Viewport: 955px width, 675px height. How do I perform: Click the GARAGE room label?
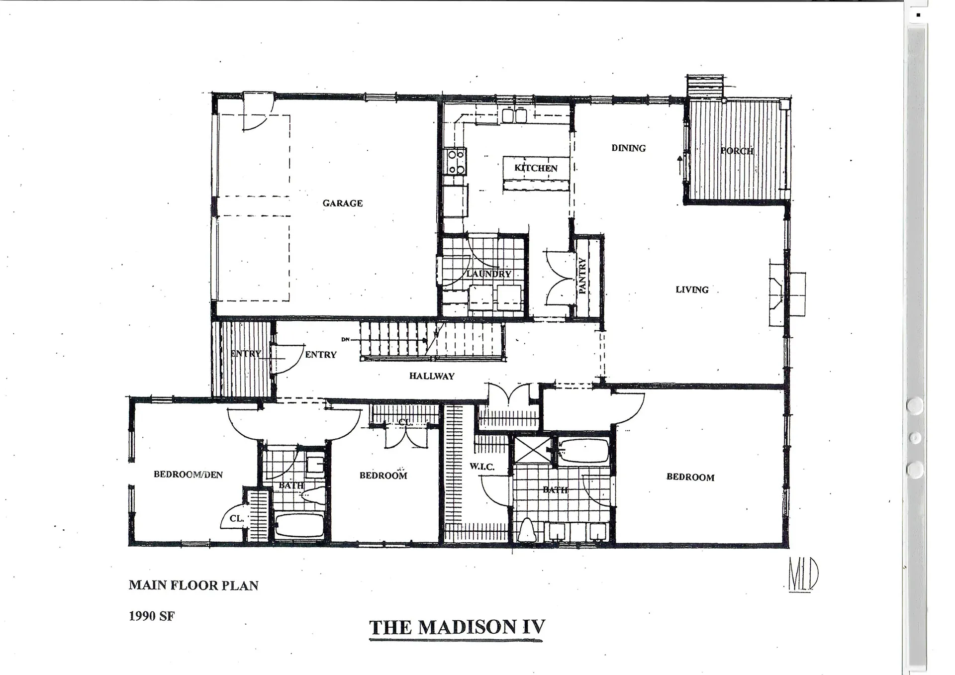pos(342,203)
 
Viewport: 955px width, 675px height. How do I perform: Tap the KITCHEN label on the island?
pos(536,168)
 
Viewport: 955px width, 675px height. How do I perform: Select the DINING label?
pos(628,148)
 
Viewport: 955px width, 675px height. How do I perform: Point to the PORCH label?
pos(737,151)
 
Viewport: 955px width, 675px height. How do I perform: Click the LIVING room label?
pos(692,289)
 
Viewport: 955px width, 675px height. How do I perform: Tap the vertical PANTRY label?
pos(582,276)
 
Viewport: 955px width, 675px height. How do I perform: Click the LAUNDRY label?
pos(488,274)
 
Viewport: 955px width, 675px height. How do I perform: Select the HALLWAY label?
pos(432,376)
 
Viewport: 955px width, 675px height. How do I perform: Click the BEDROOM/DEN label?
pos(188,475)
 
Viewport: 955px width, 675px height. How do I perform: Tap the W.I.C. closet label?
pos(481,467)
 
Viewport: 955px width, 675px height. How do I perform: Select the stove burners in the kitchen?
pos(456,162)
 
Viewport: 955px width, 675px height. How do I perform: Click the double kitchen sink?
pos(514,116)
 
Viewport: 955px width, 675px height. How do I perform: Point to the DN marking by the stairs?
pos(346,340)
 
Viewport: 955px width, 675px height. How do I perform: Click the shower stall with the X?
pos(533,450)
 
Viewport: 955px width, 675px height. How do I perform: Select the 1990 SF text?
pos(152,616)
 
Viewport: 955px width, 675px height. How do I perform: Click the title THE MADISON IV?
pos(457,627)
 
